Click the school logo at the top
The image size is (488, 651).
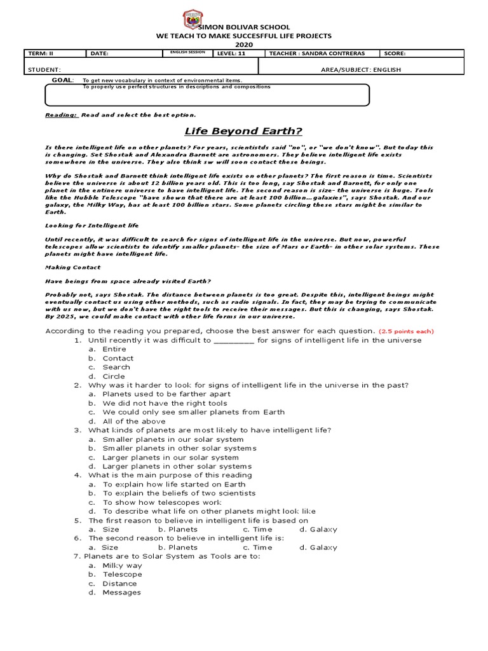tap(193, 20)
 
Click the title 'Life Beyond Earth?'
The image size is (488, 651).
tap(243, 131)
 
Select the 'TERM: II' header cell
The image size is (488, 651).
tap(40, 54)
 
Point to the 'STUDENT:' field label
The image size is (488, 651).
tap(44, 69)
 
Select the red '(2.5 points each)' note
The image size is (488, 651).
tap(406, 331)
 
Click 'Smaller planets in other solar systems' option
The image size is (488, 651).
tap(179, 448)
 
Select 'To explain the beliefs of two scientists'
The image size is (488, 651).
tap(179, 493)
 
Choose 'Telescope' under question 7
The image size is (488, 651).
tap(122, 574)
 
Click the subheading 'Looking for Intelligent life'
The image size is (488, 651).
tap(91, 226)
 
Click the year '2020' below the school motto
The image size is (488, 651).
tap(244, 45)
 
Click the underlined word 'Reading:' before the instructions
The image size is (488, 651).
tap(61, 115)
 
